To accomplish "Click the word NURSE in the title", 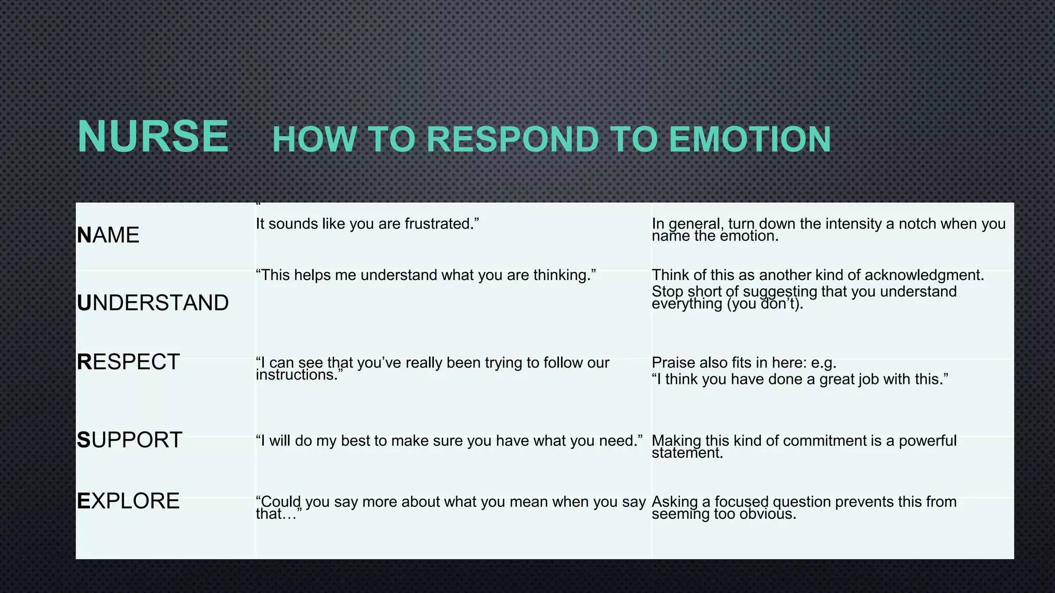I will pyautogui.click(x=152, y=136).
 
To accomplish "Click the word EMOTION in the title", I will pyautogui.click(x=750, y=139).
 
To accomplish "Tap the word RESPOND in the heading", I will pyautogui.click(x=513, y=139).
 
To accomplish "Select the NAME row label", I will pyautogui.click(x=108, y=235).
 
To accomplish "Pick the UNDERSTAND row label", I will pyautogui.click(x=152, y=303).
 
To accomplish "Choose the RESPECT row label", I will pyautogui.click(x=128, y=362).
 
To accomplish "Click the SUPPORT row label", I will pyautogui.click(x=129, y=440).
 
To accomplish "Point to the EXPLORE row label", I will pyautogui.click(x=128, y=501).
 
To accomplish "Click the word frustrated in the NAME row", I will pyautogui.click(x=441, y=224).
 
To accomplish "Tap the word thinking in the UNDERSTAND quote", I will pyautogui.click(x=564, y=275).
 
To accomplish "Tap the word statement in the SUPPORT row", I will pyautogui.click(x=687, y=453).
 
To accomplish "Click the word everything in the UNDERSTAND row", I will pyautogui.click(x=687, y=304).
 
